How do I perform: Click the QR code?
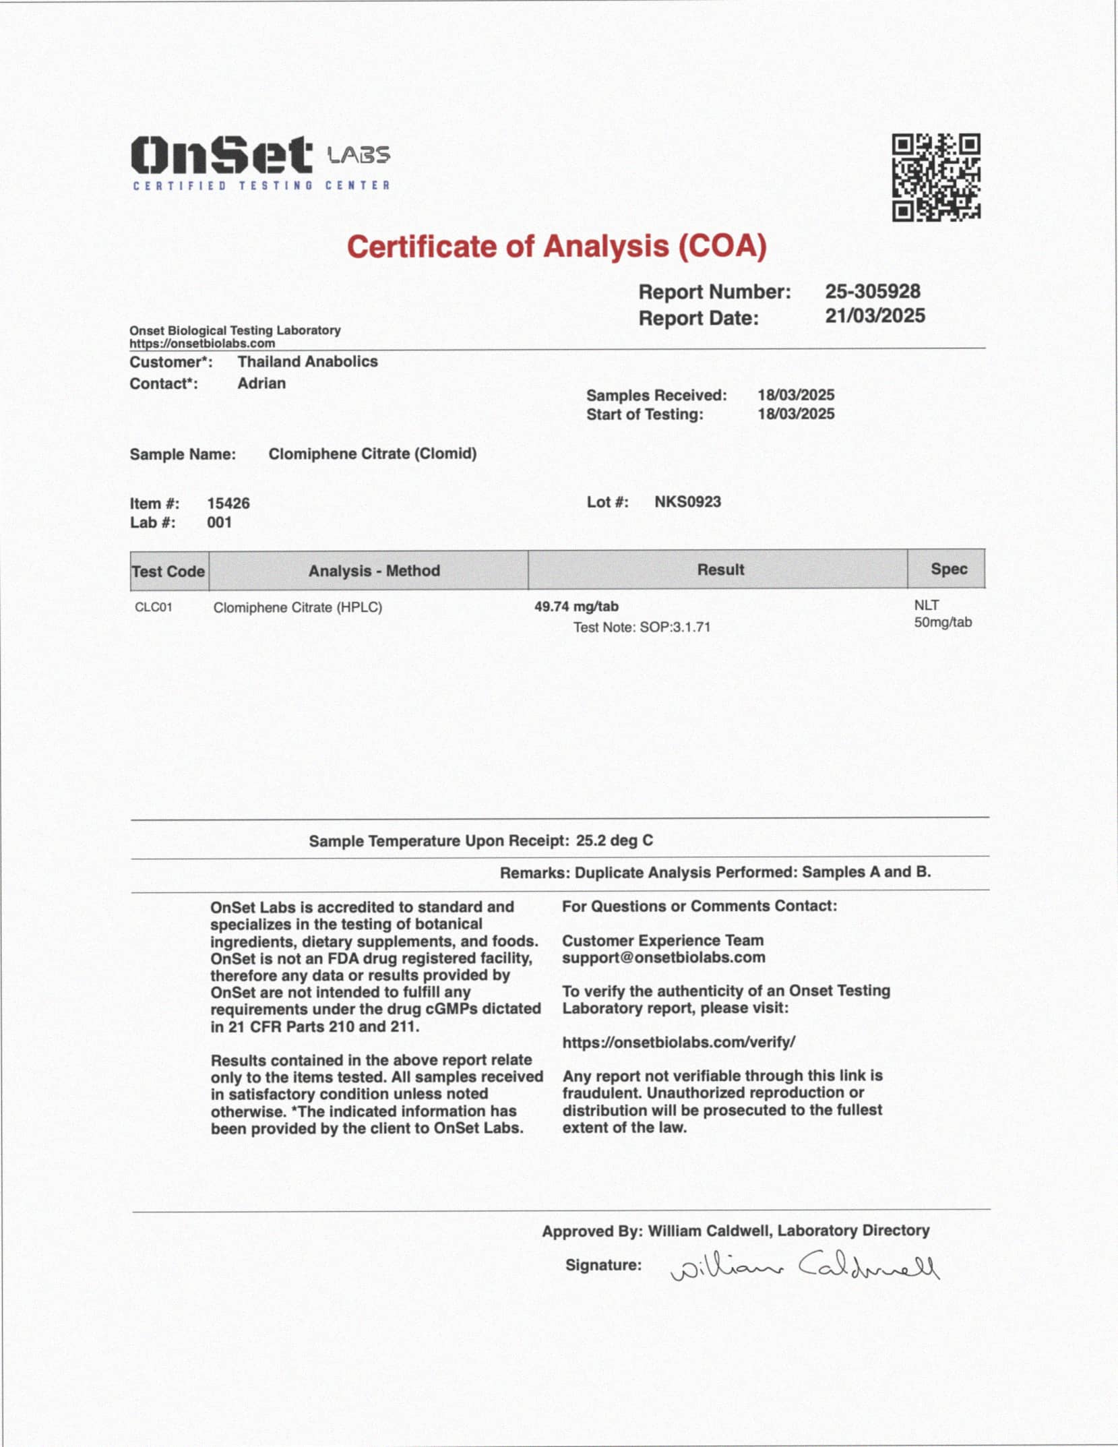pyautogui.click(x=936, y=177)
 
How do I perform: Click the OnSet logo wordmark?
pyautogui.click(x=222, y=155)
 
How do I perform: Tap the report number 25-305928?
pyautogui.click(x=873, y=291)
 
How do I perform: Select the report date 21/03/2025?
pyautogui.click(x=875, y=315)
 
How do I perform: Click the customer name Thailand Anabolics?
pyautogui.click(x=307, y=361)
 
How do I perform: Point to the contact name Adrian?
pyautogui.click(x=261, y=383)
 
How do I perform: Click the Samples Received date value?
pyautogui.click(x=796, y=395)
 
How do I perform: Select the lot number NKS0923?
pyautogui.click(x=687, y=501)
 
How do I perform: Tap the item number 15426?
pyautogui.click(x=228, y=503)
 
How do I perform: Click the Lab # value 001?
pyautogui.click(x=219, y=522)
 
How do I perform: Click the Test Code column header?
pyautogui.click(x=168, y=571)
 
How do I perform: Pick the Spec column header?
pyautogui.click(x=948, y=569)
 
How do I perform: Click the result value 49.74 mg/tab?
pyautogui.click(x=576, y=606)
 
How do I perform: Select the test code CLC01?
pyautogui.click(x=154, y=607)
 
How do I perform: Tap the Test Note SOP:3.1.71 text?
pyautogui.click(x=642, y=627)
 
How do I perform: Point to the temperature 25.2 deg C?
pyautogui.click(x=614, y=840)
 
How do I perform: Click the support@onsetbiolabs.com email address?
pyautogui.click(x=663, y=957)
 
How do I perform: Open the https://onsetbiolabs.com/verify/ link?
pyautogui.click(x=679, y=1042)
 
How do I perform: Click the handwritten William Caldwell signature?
pyautogui.click(x=804, y=1268)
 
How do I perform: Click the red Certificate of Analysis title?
pyautogui.click(x=557, y=246)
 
